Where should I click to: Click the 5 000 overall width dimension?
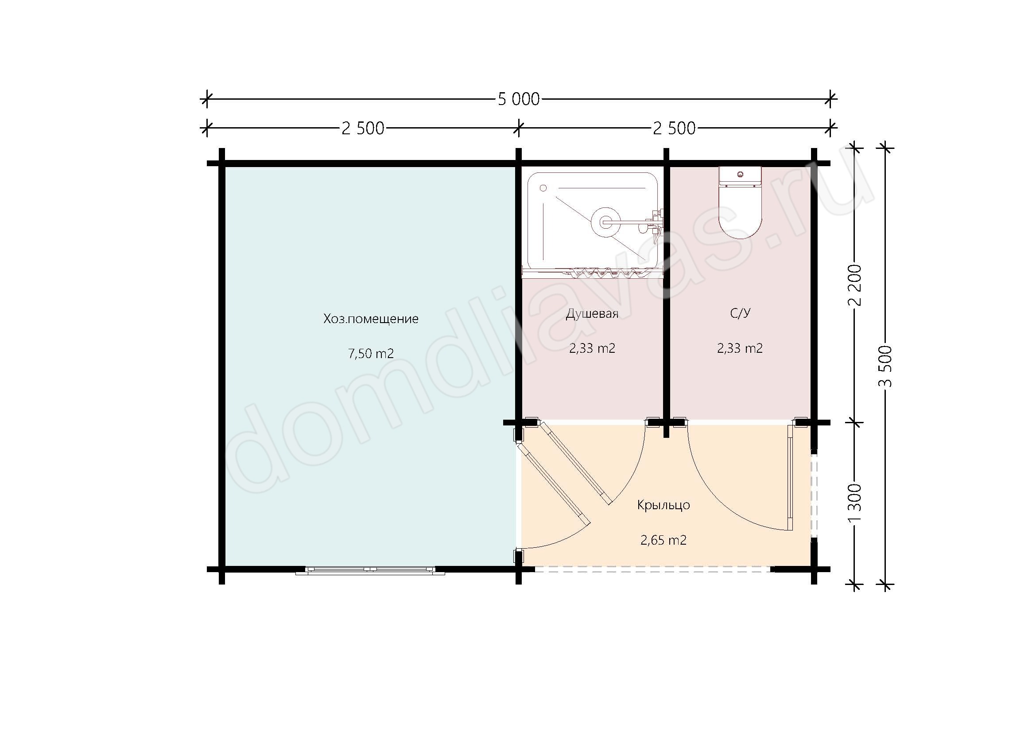click(519, 99)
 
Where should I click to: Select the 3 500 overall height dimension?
click(885, 366)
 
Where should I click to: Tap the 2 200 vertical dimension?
click(854, 285)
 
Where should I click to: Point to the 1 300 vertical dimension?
click(854, 503)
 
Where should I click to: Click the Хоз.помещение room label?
click(371, 319)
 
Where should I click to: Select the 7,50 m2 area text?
click(371, 353)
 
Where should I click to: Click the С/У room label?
click(740, 314)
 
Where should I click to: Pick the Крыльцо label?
click(664, 505)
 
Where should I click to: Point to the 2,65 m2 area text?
click(664, 540)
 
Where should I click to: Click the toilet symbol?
click(740, 203)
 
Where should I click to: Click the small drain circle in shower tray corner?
click(543, 188)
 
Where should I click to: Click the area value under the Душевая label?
click(592, 348)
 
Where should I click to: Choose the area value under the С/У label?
click(740, 348)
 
